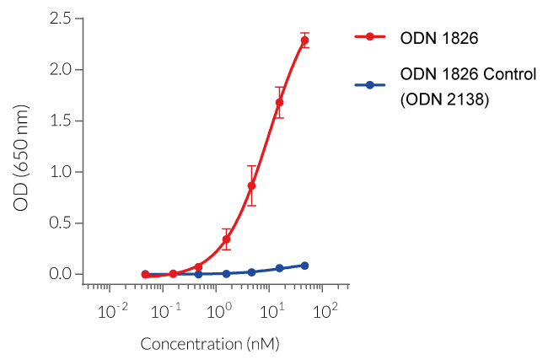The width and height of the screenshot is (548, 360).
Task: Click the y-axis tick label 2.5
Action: [x=60, y=18]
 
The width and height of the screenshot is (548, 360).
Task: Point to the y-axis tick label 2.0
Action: [x=60, y=69]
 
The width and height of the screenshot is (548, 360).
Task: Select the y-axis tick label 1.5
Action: [x=60, y=121]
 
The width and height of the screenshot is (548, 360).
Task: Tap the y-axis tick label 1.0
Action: [x=60, y=172]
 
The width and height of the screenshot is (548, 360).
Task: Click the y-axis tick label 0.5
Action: [x=60, y=223]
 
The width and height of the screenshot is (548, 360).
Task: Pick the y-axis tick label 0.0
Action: [x=60, y=275]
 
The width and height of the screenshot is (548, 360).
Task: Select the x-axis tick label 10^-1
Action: [x=165, y=311]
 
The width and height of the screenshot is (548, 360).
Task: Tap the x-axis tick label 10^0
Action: [x=219, y=311]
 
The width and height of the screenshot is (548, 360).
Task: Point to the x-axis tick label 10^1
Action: [x=272, y=311]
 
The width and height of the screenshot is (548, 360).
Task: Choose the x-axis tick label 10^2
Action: [x=325, y=311]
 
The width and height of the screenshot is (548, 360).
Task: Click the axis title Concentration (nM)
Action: [x=209, y=344]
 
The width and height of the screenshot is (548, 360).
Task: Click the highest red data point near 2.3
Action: [x=304, y=40]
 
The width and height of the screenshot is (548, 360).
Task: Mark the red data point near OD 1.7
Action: [x=279, y=103]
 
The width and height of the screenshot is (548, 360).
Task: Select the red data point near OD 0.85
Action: [x=251, y=185]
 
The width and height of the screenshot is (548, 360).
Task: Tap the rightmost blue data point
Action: [x=304, y=266]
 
